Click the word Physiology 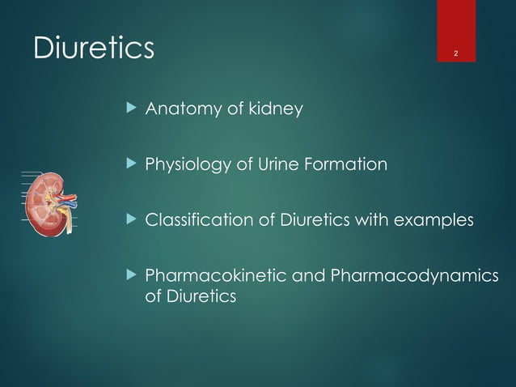(184, 165)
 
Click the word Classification (190, 222)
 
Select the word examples (438, 222)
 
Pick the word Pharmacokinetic (201, 279)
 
